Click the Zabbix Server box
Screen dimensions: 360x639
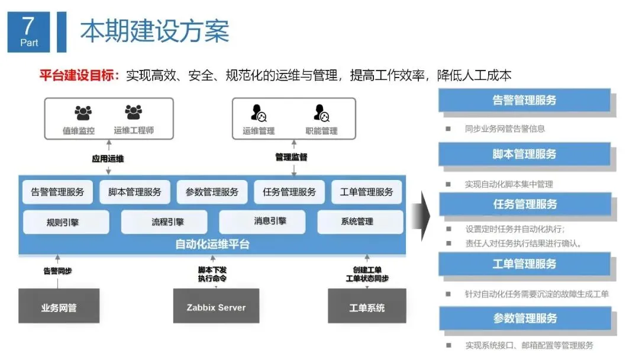[216, 307]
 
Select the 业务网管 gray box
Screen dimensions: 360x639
[59, 307]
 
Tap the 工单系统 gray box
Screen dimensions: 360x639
[367, 307]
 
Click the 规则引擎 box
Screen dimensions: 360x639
[66, 222]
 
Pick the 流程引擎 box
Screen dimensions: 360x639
[164, 222]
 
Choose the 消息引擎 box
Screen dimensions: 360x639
[262, 222]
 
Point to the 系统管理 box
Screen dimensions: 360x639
[360, 222]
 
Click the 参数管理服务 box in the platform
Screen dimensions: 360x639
[212, 192]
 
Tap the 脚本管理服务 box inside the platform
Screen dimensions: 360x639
[134, 192]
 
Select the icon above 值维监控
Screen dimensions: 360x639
[83, 112]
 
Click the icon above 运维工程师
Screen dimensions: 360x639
[134, 112]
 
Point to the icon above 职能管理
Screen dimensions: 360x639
[322, 112]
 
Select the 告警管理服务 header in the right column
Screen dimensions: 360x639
[524, 100]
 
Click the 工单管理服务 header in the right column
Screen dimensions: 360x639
[524, 263]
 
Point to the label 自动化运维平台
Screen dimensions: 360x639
[212, 244]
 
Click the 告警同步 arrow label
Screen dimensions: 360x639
[57, 271]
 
